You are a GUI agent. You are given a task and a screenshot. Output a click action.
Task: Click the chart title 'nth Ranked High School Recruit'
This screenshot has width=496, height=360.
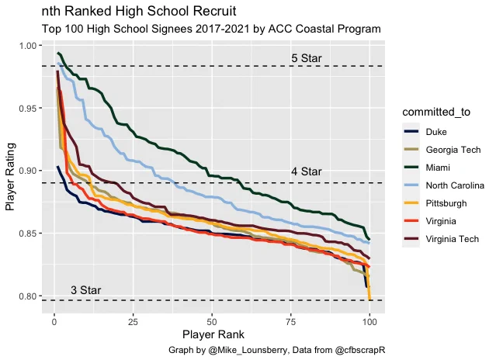[x=139, y=11]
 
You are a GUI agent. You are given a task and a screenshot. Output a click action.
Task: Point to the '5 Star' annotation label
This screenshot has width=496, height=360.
[x=306, y=58]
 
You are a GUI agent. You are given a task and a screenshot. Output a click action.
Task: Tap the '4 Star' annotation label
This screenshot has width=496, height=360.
[x=306, y=171]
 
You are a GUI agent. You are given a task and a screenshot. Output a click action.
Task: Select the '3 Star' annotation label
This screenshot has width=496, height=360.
[x=85, y=290]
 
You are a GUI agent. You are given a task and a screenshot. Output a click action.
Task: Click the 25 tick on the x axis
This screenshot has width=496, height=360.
[x=134, y=322]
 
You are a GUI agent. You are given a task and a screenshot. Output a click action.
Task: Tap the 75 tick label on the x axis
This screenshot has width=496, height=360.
[x=290, y=322]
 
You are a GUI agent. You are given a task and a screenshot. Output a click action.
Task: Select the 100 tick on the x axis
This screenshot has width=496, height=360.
[x=369, y=322]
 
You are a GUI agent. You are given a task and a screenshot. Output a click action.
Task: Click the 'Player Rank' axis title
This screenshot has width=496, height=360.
[x=213, y=334]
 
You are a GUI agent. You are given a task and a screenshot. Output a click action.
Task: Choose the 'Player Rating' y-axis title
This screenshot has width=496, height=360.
[x=10, y=176]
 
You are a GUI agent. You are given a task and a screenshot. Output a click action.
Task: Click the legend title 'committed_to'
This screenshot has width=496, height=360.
[x=436, y=112]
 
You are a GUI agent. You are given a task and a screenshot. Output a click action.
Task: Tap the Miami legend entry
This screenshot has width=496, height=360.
[x=426, y=168]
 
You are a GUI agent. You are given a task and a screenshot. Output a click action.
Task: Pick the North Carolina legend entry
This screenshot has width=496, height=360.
[x=443, y=185]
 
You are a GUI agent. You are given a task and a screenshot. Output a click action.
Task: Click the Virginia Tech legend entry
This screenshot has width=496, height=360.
[x=441, y=239]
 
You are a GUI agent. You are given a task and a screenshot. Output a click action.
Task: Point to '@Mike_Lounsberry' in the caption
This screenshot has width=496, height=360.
[x=248, y=350]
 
